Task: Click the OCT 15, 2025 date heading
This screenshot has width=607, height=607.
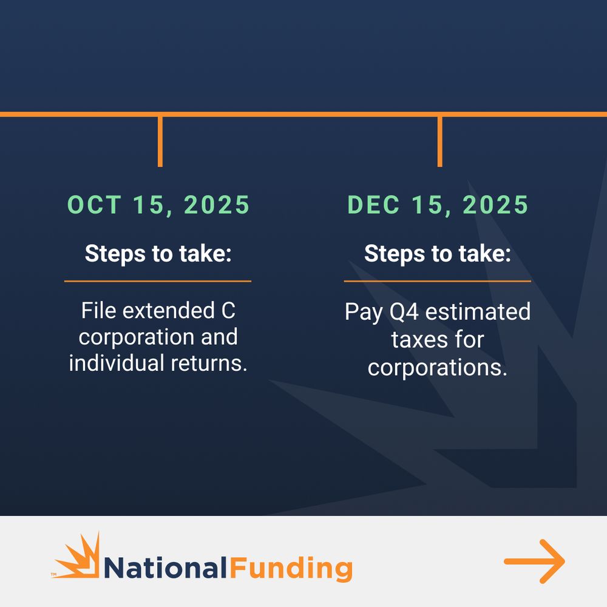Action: pos(158,205)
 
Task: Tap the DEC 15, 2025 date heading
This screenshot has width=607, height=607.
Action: pos(438,205)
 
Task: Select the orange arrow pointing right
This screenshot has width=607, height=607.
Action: pos(535,561)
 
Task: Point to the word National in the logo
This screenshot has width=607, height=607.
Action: pos(166,568)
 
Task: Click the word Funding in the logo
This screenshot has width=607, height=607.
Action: pos(291,569)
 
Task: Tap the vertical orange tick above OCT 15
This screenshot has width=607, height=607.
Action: pos(160,141)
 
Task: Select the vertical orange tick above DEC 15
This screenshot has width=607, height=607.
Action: pos(439,141)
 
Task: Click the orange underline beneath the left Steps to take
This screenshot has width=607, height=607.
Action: pos(158,281)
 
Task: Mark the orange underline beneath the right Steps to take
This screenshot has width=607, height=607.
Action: pos(438,281)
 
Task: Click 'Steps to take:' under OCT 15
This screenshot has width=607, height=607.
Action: pos(158,254)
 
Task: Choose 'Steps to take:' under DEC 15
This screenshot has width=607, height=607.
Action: pos(438,254)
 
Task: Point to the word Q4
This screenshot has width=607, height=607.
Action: pos(404,312)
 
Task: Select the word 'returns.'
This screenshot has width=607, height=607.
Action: pos(209,364)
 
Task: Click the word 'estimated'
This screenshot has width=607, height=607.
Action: pos(478,311)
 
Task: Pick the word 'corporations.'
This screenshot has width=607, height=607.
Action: pos(438,367)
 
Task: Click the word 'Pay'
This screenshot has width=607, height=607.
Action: pos(364,313)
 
